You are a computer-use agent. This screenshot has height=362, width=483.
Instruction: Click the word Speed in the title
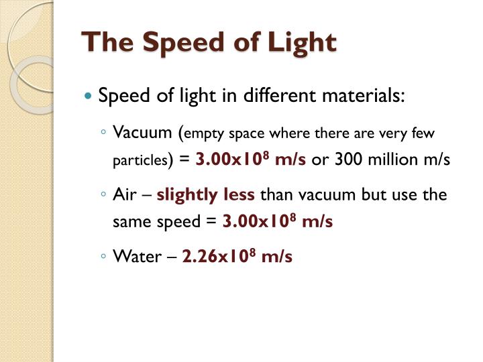pyautogui.click(x=183, y=43)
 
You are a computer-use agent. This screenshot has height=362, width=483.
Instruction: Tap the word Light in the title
pyautogui.click(x=302, y=44)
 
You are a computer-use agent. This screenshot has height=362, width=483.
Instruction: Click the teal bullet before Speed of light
pyautogui.click(x=88, y=96)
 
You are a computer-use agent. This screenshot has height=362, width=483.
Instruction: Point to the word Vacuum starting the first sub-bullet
pyautogui.click(x=142, y=132)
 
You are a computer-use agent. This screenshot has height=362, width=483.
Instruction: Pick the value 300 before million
pyautogui.click(x=348, y=160)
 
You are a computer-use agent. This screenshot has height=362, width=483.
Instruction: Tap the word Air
pyautogui.click(x=125, y=194)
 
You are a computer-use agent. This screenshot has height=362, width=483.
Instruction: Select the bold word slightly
pyautogui.click(x=187, y=196)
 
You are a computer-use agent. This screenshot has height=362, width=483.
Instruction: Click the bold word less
pyautogui.click(x=239, y=194)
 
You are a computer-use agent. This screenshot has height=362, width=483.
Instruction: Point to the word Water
pyautogui.click(x=137, y=256)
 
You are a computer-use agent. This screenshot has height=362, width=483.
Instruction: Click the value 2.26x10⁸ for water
pyautogui.click(x=219, y=256)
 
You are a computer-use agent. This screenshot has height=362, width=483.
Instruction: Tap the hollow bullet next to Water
pyautogui.click(x=103, y=256)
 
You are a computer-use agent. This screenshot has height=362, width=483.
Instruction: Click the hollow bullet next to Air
pyautogui.click(x=103, y=194)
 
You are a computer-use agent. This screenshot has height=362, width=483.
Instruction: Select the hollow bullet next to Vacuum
pyautogui.click(x=103, y=132)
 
